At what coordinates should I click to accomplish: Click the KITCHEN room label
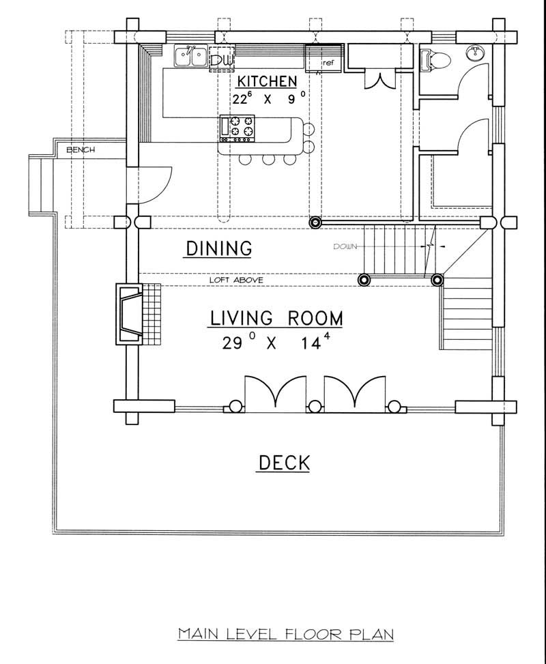click(x=267, y=81)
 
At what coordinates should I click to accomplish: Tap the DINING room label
click(x=218, y=248)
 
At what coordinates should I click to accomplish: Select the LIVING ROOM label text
click(x=276, y=318)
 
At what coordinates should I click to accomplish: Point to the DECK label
click(x=283, y=463)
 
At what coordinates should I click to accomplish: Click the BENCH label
click(x=80, y=149)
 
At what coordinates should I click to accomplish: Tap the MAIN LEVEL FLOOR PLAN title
click(x=286, y=634)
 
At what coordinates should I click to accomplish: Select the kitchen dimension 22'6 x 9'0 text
click(x=267, y=99)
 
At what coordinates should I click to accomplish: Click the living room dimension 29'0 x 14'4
click(x=276, y=343)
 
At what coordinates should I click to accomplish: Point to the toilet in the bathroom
click(x=434, y=59)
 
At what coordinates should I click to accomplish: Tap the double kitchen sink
click(x=190, y=56)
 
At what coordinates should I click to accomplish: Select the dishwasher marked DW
click(x=220, y=59)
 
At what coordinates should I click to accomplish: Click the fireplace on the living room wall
click(x=130, y=313)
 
